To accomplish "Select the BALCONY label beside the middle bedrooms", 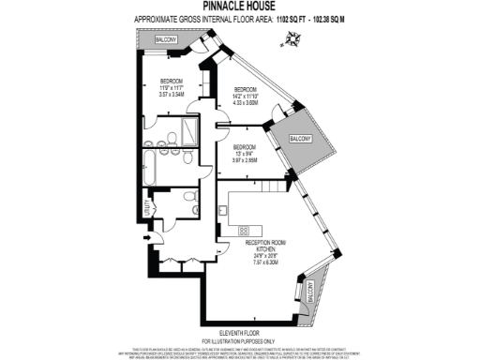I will tap(301, 139).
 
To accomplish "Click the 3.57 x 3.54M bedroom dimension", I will tap(171, 95).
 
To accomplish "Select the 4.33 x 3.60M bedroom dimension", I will tap(246, 102).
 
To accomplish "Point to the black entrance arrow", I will tap(147, 237).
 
